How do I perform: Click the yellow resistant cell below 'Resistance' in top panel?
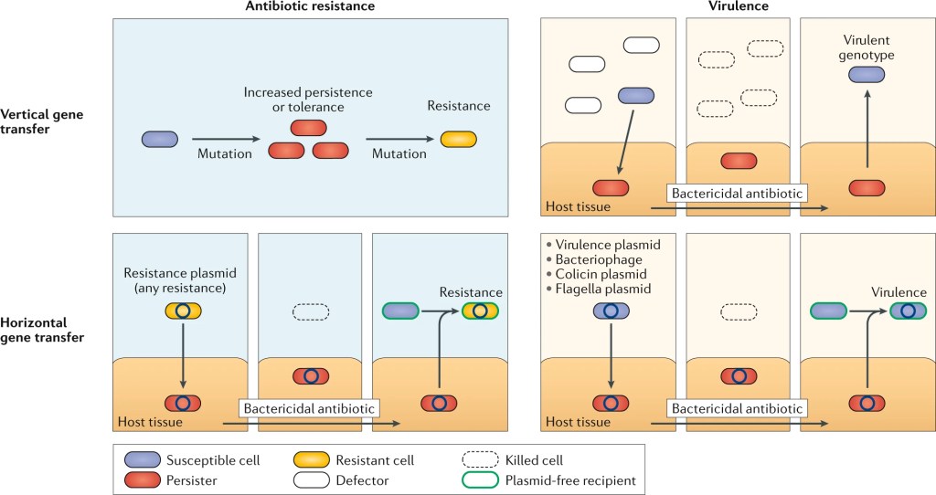pyautogui.click(x=459, y=140)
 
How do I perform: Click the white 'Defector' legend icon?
pyautogui.click(x=310, y=480)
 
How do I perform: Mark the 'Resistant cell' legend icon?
pyautogui.click(x=310, y=459)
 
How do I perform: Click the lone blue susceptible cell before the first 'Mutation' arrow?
pyautogui.click(x=159, y=140)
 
